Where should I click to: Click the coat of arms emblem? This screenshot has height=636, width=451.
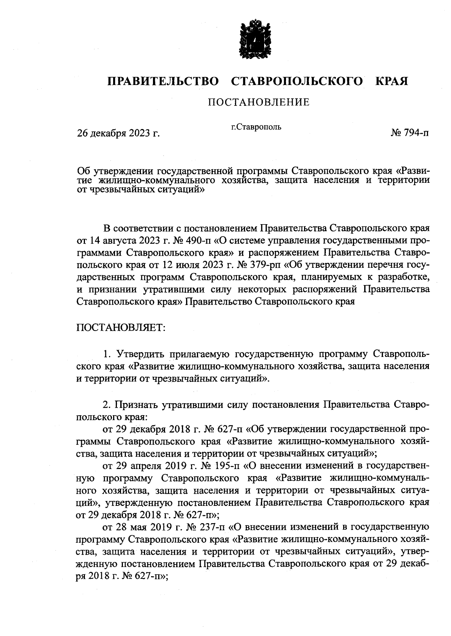(254, 41)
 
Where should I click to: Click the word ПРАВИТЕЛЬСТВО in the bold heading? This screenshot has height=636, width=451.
(163, 81)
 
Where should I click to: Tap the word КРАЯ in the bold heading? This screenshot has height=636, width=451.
(392, 81)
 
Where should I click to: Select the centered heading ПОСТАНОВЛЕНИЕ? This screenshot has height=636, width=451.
(259, 102)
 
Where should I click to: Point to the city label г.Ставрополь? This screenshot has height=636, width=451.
(256, 127)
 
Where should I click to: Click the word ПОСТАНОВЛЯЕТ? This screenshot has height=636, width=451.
(121, 328)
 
